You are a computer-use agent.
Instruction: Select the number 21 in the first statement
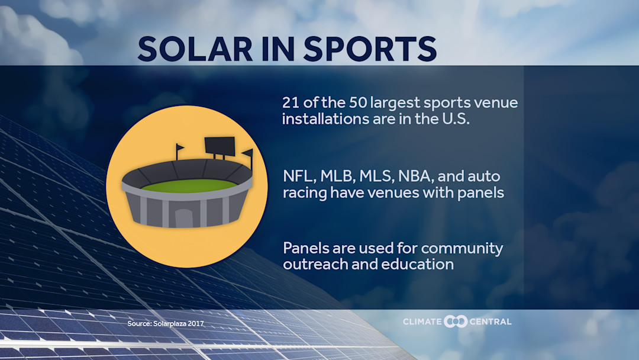(291, 102)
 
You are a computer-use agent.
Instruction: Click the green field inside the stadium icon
(186, 185)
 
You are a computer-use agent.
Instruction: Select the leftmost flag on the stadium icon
(179, 148)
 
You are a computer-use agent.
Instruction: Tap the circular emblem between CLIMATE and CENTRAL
(456, 322)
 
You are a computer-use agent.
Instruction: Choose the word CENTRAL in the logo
(490, 322)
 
